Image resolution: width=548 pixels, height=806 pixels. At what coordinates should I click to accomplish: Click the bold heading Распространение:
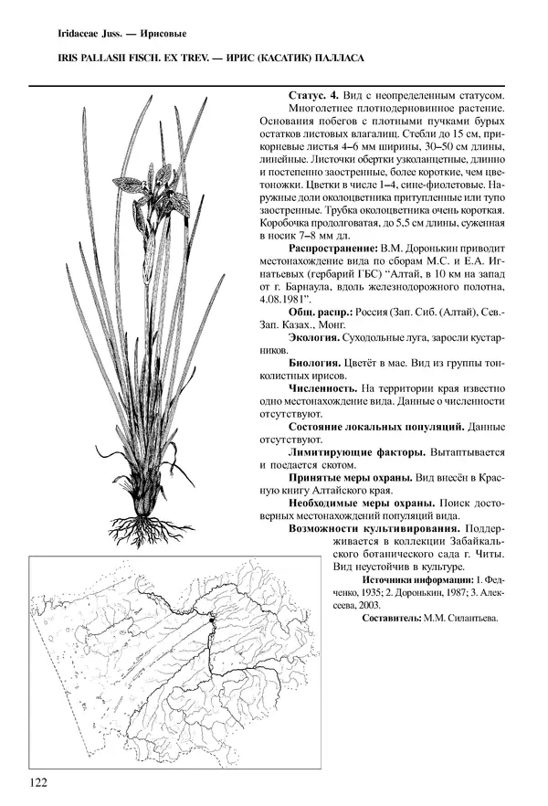point(332,247)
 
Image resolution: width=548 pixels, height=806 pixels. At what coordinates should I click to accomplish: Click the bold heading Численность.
point(324,388)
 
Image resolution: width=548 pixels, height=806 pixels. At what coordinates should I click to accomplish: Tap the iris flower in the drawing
point(152,183)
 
